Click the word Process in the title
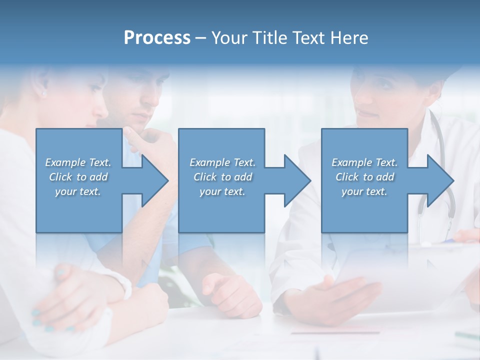pyautogui.click(x=157, y=37)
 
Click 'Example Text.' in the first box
pyautogui.click(x=78, y=162)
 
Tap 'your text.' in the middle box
pyautogui.click(x=222, y=191)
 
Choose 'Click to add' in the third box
pyautogui.click(x=364, y=177)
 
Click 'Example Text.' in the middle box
pyautogui.click(x=222, y=162)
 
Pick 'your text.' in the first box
pyautogui.click(x=78, y=191)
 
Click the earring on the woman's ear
pyautogui.click(x=43, y=93)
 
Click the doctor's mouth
pyautogui.click(x=368, y=114)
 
